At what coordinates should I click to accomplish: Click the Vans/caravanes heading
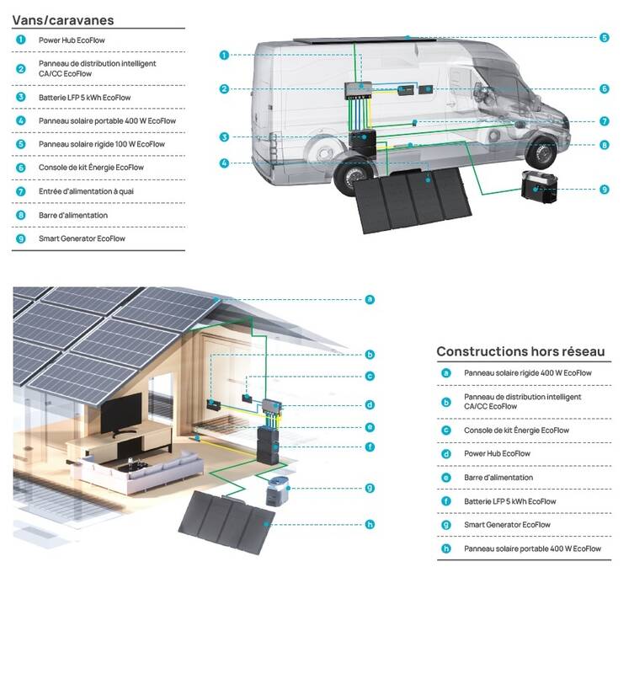63,20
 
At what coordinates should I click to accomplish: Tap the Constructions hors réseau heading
520,351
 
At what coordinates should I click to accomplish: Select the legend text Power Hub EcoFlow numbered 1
72,40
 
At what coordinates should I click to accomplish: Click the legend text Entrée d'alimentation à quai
86,191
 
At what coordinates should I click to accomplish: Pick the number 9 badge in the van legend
20,238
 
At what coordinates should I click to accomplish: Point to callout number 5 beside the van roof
605,38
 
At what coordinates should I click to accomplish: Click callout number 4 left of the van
224,163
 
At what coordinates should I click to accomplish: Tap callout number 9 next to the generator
605,190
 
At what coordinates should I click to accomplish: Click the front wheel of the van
541,152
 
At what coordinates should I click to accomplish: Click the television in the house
120,414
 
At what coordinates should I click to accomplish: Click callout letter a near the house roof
370,300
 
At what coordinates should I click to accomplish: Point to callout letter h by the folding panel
370,524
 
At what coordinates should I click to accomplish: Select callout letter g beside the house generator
370,489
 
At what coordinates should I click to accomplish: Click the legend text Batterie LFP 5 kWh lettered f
510,501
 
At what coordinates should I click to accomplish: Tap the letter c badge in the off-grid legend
446,431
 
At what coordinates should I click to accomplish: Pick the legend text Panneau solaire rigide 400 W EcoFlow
527,373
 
